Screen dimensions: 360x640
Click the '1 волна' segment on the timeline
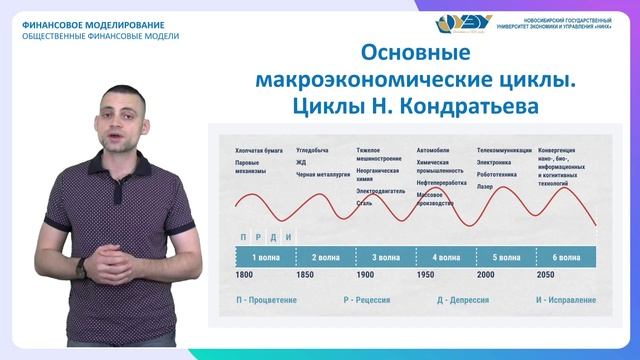pyautogui.click(x=265, y=257)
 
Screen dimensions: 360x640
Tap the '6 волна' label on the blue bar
pyautogui.click(x=567, y=257)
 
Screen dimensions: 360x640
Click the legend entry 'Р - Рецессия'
pyautogui.click(x=371, y=299)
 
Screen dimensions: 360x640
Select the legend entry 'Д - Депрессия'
pyautogui.click(x=473, y=299)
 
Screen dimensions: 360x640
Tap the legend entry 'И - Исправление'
pyautogui.click(x=563, y=299)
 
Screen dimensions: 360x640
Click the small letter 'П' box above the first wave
pyautogui.click(x=244, y=237)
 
